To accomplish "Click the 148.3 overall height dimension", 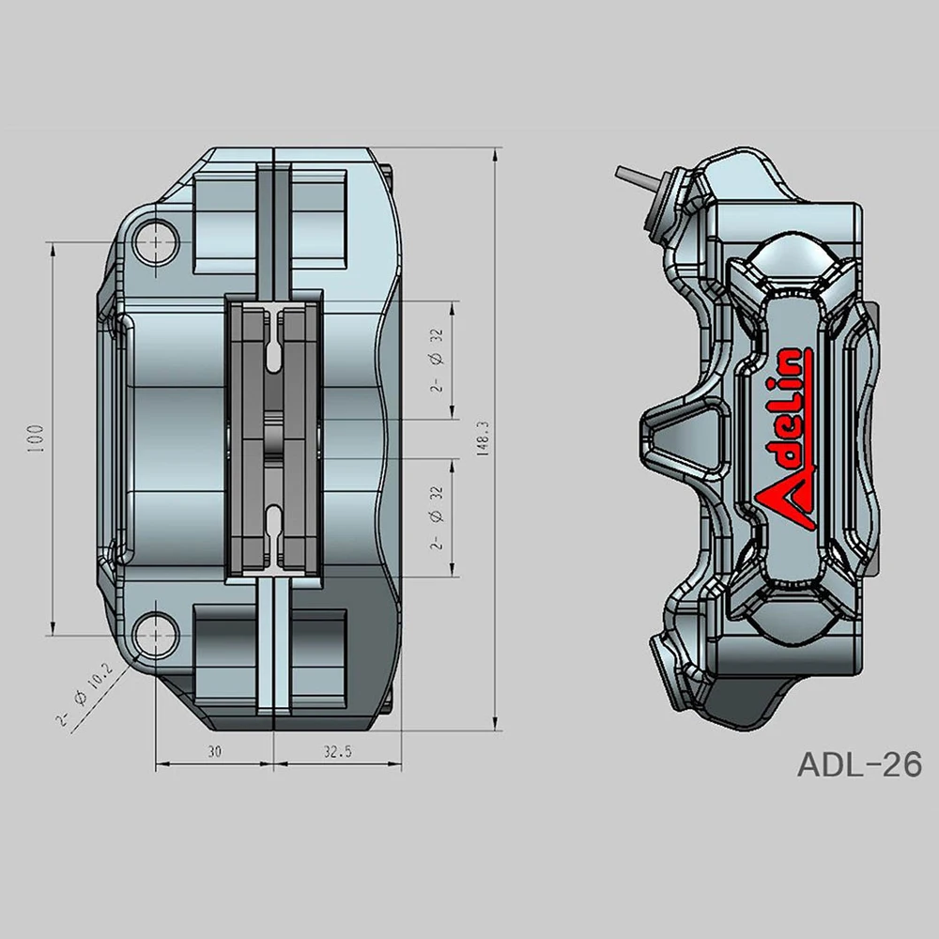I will [483, 438].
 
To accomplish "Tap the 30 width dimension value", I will [215, 751].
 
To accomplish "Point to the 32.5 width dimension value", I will [336, 751].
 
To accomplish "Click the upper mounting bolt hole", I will [154, 241].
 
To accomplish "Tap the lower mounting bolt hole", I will [154, 635].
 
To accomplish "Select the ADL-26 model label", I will [858, 764].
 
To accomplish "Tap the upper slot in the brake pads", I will [272, 348].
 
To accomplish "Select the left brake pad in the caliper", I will [252, 438].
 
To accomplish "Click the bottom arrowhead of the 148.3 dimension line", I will [496, 724].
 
